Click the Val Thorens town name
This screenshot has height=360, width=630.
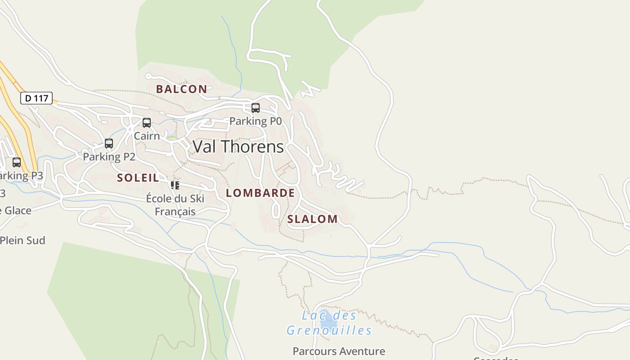coord(238,147)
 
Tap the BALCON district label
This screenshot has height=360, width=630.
coord(181,89)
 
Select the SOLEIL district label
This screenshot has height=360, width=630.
coord(138,178)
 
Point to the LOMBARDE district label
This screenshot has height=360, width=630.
coord(260,193)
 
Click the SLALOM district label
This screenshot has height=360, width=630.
coord(312,219)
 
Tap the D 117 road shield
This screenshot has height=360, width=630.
coord(36,98)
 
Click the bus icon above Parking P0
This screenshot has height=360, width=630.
coord(256,108)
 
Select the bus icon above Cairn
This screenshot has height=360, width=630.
coord(147,123)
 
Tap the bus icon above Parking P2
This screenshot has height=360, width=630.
coord(109,144)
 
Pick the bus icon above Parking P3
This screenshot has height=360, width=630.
coord(17,162)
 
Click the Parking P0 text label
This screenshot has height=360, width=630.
coord(255,121)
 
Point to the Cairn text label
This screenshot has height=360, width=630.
coord(147,135)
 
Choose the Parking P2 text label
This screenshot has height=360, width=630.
coord(109,157)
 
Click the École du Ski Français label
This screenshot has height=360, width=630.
coord(175,205)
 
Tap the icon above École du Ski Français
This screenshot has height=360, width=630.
coord(175,185)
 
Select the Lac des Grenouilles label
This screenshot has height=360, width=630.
coord(329,323)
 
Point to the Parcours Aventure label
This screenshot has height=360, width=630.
coord(338,351)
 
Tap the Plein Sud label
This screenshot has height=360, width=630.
coord(22,240)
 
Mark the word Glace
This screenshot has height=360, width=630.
coord(18,210)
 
